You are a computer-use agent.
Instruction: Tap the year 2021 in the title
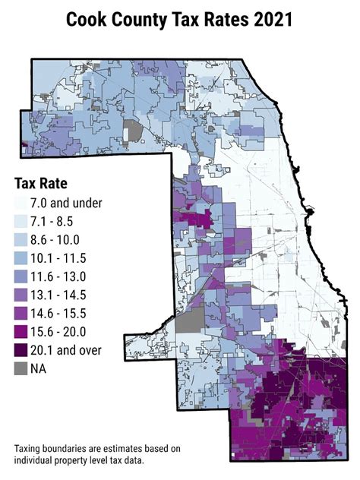[x=273, y=20]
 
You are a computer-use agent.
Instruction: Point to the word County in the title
[x=144, y=20]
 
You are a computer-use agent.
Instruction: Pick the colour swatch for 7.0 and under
[x=22, y=203]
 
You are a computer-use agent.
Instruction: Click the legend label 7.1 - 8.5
[x=58, y=221]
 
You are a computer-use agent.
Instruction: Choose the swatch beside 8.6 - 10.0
[x=22, y=239]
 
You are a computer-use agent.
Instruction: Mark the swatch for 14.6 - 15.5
[x=22, y=313]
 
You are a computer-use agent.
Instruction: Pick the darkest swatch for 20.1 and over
[x=22, y=349]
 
